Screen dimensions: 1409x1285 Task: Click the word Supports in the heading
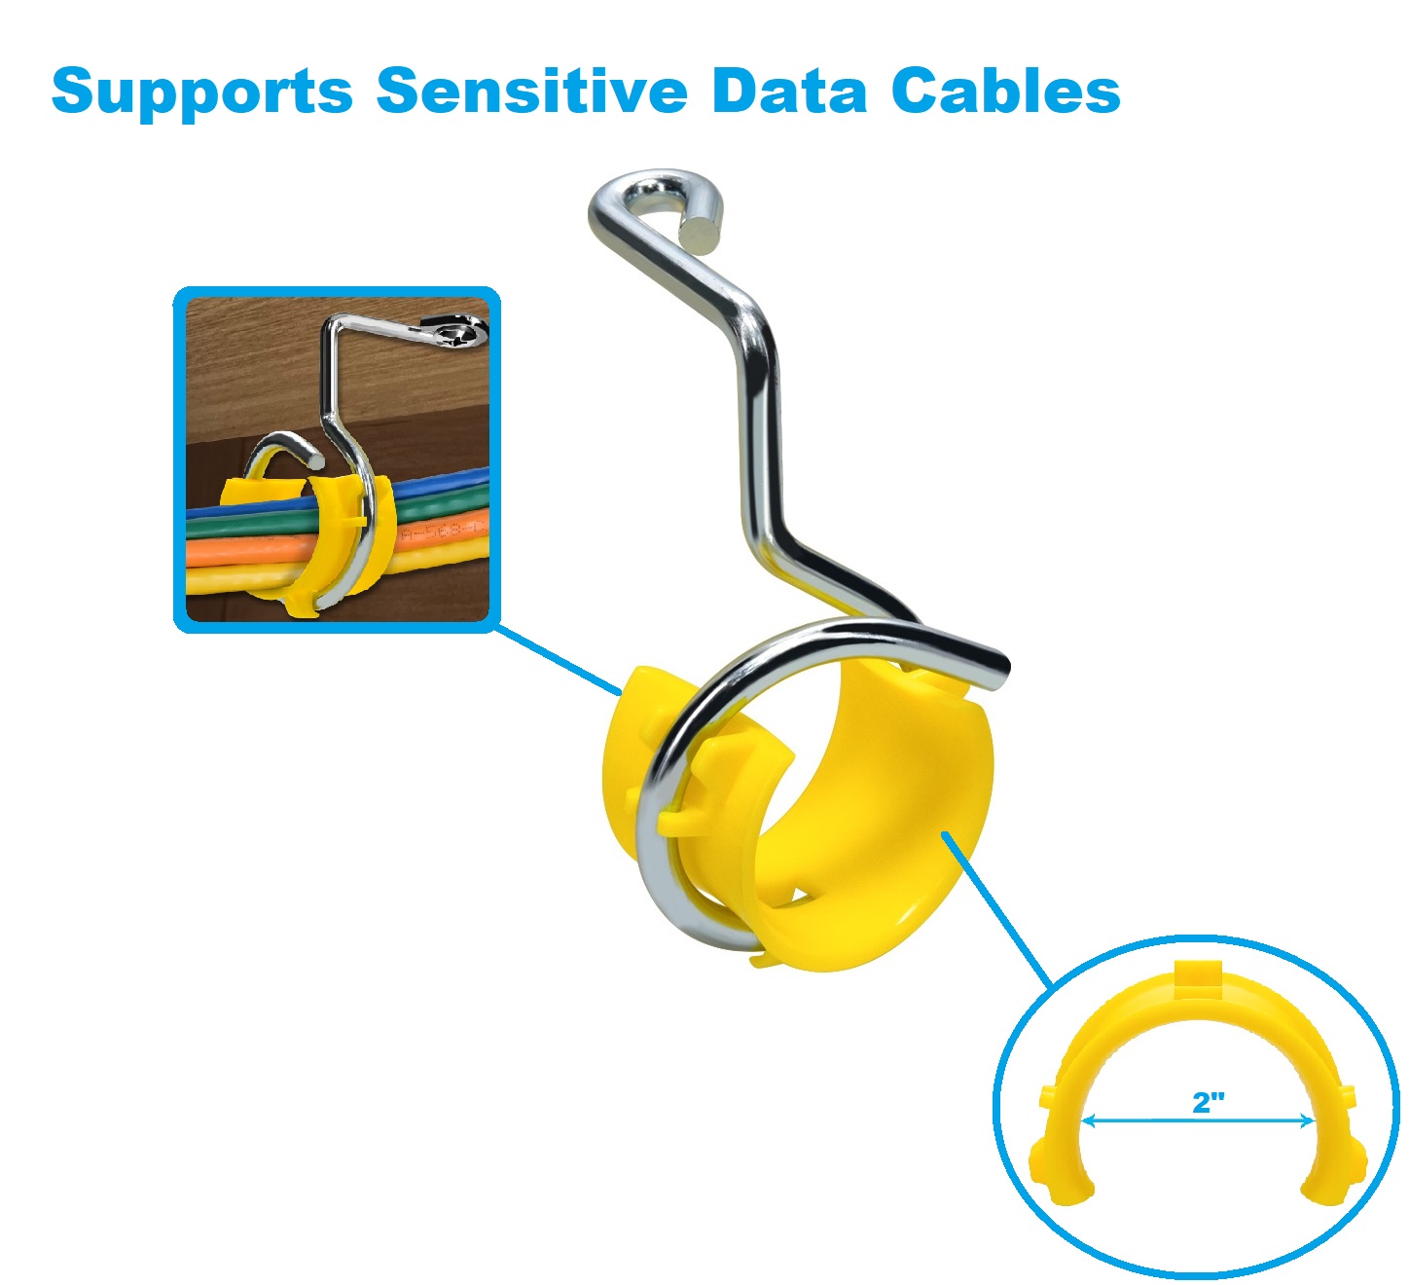pyautogui.click(x=201, y=92)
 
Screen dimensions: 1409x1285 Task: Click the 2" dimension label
pyautogui.click(x=1209, y=1102)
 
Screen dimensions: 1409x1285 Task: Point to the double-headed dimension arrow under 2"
pyautogui.click(x=1198, y=1121)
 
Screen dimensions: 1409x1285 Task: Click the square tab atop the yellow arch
pyautogui.click(x=1198, y=980)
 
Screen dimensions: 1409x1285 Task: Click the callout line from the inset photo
pyautogui.click(x=557, y=660)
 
